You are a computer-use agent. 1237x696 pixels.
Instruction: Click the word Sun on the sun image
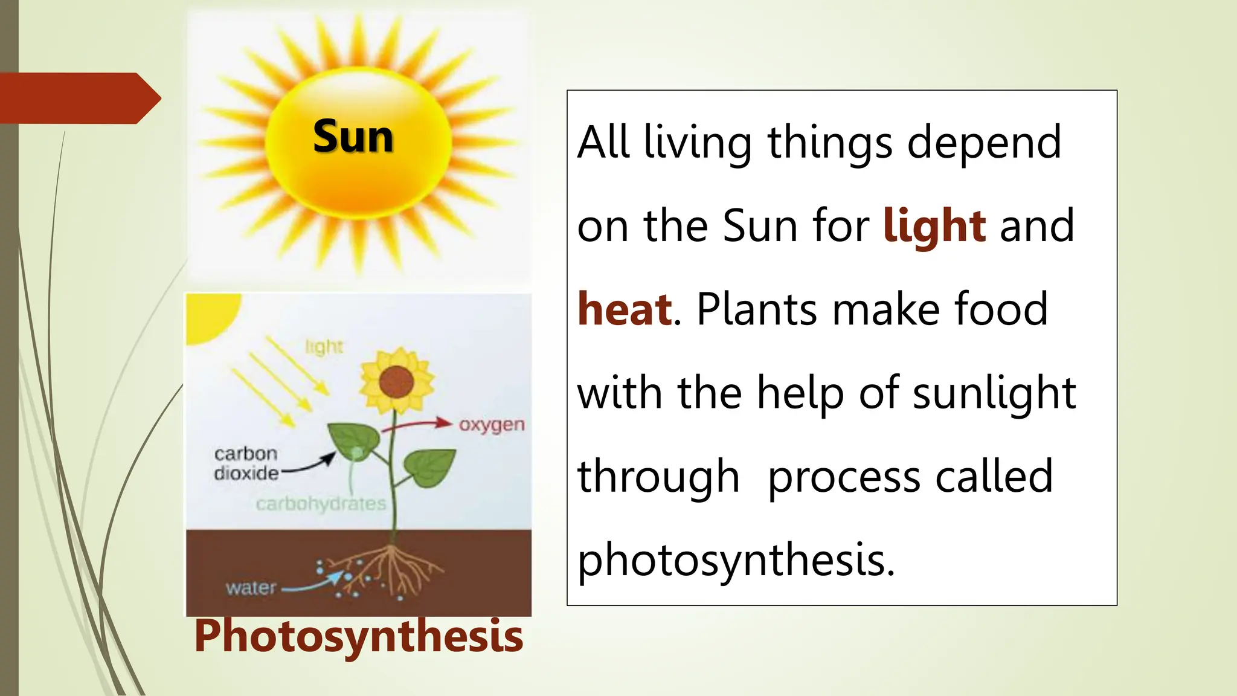click(353, 137)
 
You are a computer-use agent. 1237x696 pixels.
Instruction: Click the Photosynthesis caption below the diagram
click(358, 636)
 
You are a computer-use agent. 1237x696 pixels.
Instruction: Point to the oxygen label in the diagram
click(491, 425)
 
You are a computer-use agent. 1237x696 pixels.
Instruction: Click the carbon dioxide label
click(246, 463)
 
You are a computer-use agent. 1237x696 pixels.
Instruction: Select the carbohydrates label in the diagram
click(321, 503)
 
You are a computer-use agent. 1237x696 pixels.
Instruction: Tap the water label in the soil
click(251, 587)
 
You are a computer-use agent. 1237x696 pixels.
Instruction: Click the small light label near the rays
click(324, 347)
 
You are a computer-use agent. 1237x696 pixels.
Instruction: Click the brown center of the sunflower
click(396, 382)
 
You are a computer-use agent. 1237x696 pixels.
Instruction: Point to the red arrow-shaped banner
click(79, 98)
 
